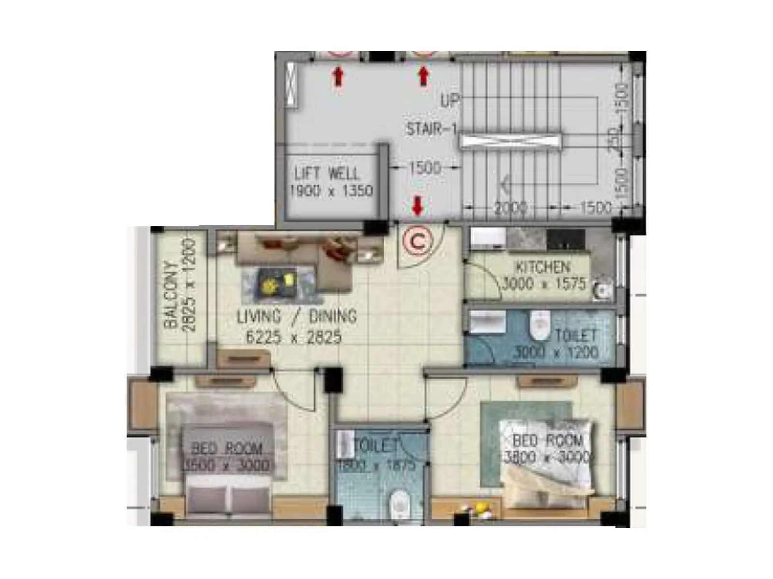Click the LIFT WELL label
pyautogui.click(x=327, y=173)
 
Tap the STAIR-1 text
pyautogui.click(x=431, y=129)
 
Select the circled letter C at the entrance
pyautogui.click(x=417, y=242)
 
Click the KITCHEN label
pyautogui.click(x=543, y=267)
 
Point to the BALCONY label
pyautogui.click(x=170, y=295)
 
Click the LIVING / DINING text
pyautogui.click(x=297, y=317)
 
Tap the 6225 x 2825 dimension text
pyautogui.click(x=294, y=337)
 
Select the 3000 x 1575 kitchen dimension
pyautogui.click(x=544, y=284)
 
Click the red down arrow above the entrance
pyautogui.click(x=418, y=206)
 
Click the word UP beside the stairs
pyautogui.click(x=449, y=101)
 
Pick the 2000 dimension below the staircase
pyautogui.click(x=510, y=208)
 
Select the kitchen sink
pyautogui.click(x=601, y=289)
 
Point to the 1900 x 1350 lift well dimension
pyautogui.click(x=331, y=191)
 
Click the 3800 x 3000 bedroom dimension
pyautogui.click(x=546, y=457)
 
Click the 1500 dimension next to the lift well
pyautogui.click(x=425, y=168)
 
